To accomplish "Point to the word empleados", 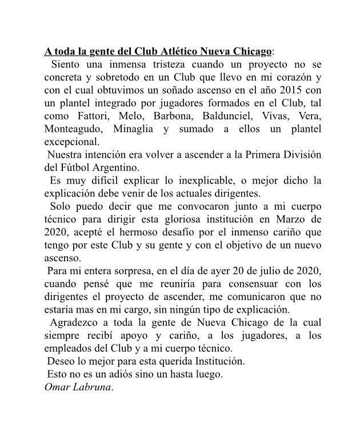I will [70, 347].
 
